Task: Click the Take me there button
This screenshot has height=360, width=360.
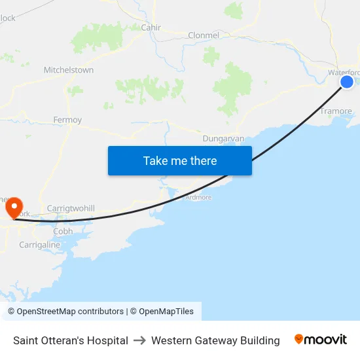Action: pos(180,160)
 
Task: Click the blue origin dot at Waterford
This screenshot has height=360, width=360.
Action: pos(347,81)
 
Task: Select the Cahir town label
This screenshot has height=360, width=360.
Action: pos(151,27)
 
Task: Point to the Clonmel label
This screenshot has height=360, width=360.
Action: pos(204,35)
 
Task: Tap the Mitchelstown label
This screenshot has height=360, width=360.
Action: pos(69,70)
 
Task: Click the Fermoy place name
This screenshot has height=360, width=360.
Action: pos(67,120)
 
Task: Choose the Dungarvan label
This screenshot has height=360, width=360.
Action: pos(223,139)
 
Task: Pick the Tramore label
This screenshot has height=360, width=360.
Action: pos(336,111)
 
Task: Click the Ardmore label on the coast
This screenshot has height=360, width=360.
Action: pos(198,197)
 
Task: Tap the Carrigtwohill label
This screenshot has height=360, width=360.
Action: pos(71,208)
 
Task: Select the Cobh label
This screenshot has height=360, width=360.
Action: pos(63,231)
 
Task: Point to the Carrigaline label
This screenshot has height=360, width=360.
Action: pos(39,245)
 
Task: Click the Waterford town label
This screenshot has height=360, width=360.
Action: pos(344,72)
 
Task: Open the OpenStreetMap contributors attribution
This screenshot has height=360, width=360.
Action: pos(70,312)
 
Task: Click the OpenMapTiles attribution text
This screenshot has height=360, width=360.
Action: pos(166,312)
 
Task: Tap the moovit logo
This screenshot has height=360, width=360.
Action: pos(321,340)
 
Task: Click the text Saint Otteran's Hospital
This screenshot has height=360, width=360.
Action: pos(71,340)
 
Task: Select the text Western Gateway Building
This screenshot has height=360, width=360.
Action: pos(215,340)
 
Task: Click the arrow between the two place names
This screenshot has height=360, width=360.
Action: pos(139,340)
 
